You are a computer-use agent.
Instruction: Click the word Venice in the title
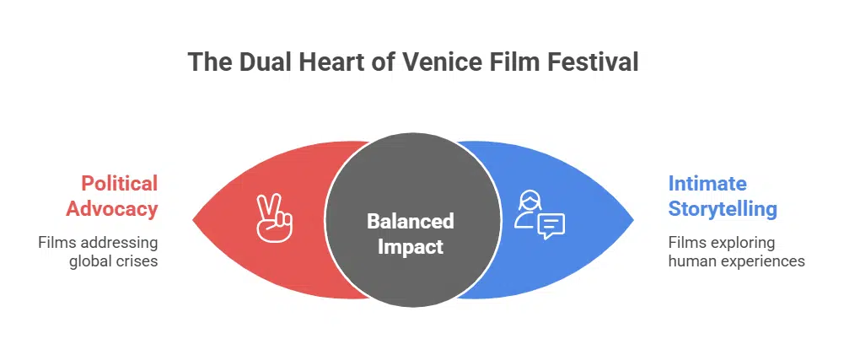[x=443, y=62]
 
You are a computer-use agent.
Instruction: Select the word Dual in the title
[x=255, y=62]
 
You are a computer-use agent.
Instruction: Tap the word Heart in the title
[x=320, y=62]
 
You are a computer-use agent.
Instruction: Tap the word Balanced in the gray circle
[x=410, y=221]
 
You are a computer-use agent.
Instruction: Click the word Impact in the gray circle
[x=410, y=247]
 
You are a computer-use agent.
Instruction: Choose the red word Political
[x=119, y=183]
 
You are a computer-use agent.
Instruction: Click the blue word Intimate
[x=707, y=183]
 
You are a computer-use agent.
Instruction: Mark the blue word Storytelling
[x=723, y=208]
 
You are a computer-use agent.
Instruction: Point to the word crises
[x=138, y=261]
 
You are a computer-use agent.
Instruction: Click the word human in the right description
[x=689, y=261]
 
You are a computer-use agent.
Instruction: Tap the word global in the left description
[x=90, y=261]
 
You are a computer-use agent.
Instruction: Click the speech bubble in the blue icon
[x=551, y=225]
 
